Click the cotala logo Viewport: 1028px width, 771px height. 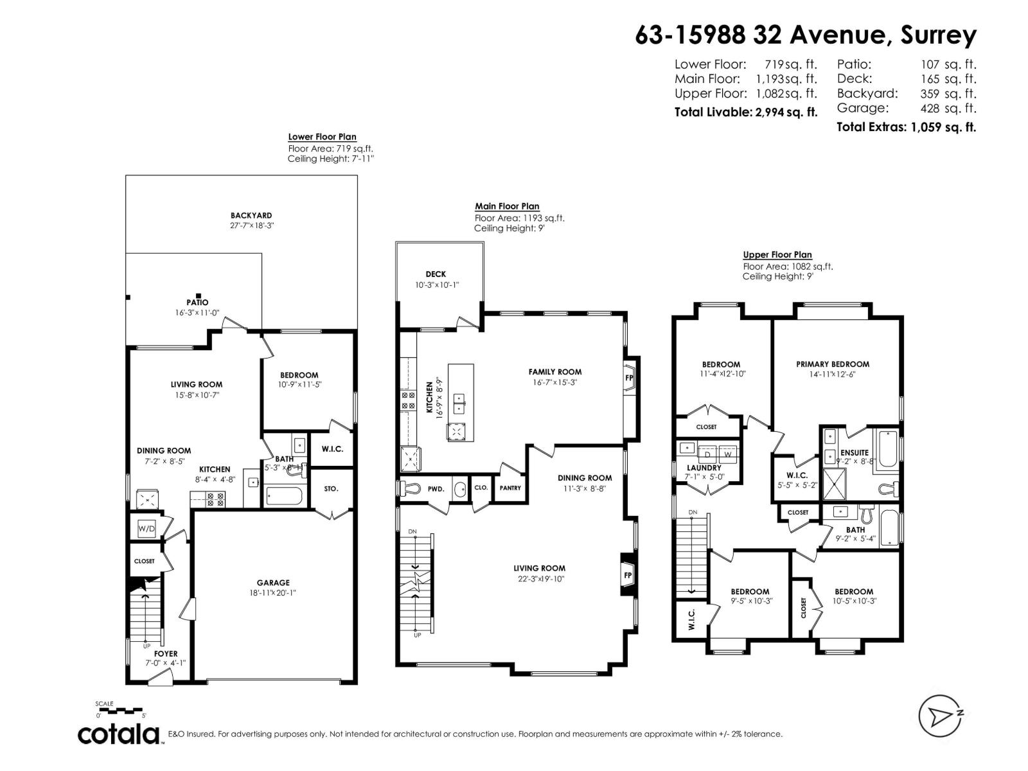tap(120, 734)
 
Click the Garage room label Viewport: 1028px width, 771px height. tap(274, 583)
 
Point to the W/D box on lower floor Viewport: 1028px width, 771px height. tap(146, 529)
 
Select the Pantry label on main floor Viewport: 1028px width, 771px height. tap(510, 488)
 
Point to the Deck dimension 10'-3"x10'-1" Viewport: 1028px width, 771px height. tap(437, 285)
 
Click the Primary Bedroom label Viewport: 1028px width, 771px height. tap(832, 364)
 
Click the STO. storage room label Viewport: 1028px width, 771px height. tap(331, 488)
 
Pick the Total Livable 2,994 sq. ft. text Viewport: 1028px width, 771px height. tap(745, 112)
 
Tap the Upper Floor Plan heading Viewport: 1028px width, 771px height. tap(777, 254)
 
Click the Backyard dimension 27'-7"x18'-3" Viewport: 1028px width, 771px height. tap(251, 226)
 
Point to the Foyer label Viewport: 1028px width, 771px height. tap(165, 653)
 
